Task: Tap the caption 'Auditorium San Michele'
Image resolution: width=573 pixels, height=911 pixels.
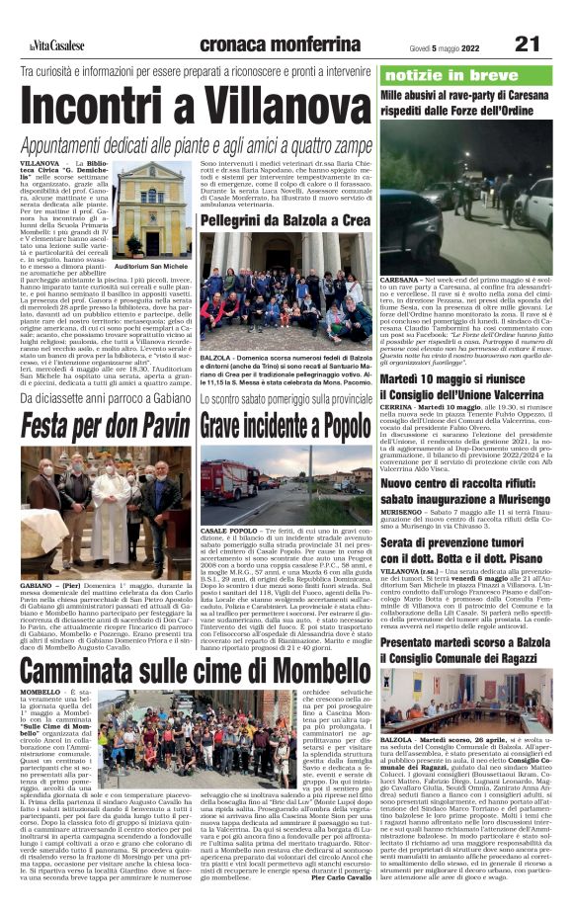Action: pyautogui.click(x=152, y=267)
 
